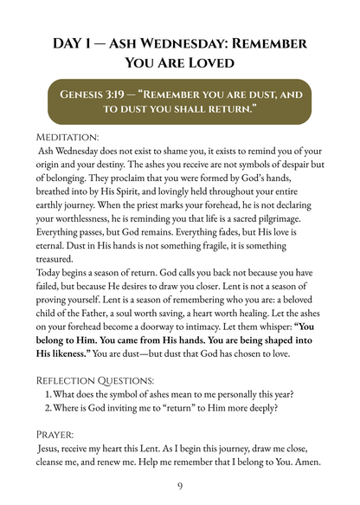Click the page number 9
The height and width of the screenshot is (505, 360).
(x=180, y=486)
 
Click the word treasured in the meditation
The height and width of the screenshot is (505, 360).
(x=63, y=257)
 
